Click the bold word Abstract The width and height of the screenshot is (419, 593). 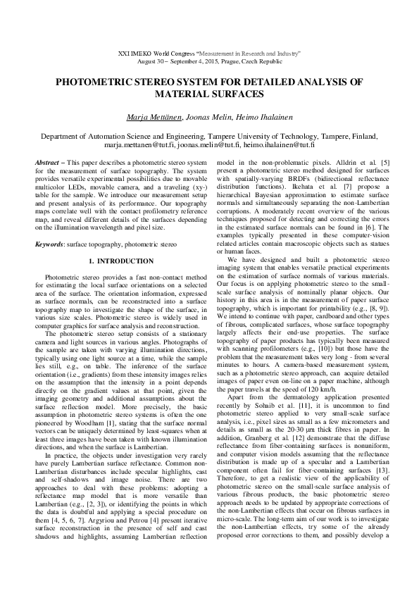coord(46,163)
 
